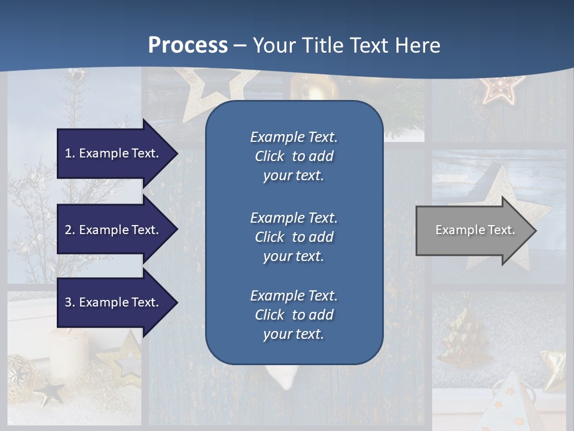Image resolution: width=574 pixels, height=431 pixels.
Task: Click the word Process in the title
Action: coord(188,45)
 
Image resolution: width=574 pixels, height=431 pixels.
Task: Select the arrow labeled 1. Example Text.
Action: coord(114,153)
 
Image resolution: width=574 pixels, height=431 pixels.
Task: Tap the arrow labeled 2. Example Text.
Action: coord(114,230)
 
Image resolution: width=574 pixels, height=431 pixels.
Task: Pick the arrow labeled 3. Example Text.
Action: coord(114,302)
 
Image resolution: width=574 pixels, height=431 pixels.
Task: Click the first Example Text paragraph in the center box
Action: coord(294,156)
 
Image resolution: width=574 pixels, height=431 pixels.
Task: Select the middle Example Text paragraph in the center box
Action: coord(294,237)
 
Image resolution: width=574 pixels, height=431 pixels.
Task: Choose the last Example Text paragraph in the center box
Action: coord(294,315)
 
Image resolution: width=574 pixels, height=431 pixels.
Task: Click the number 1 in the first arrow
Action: coord(68,153)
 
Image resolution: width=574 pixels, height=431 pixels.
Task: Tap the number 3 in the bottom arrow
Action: coord(68,302)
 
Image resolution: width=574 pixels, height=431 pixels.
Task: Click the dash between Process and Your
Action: coord(240,46)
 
